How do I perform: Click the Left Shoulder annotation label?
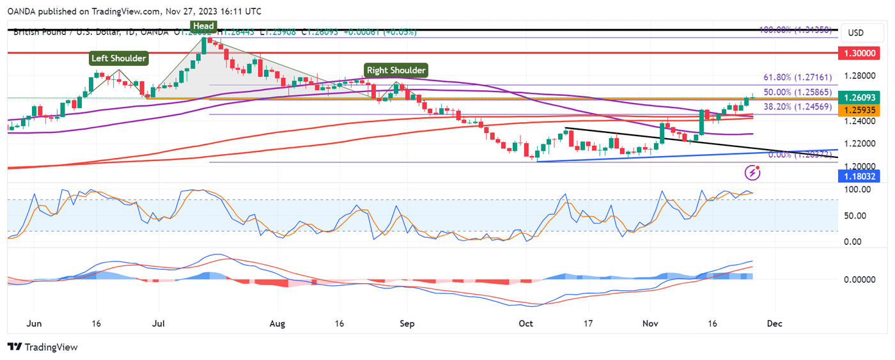pyautogui.click(x=119, y=58)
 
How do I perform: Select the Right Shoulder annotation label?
pyautogui.click(x=396, y=70)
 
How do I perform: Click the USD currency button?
pyautogui.click(x=855, y=33)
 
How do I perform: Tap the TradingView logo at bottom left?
pyautogui.click(x=42, y=347)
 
